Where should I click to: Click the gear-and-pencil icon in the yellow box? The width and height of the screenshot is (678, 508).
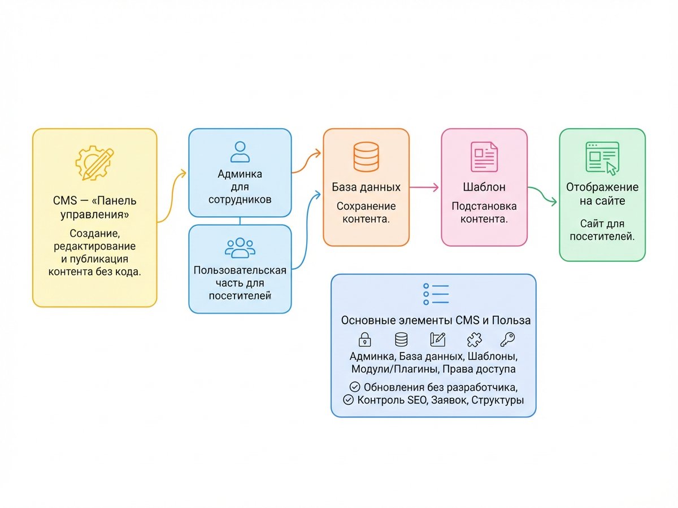94,163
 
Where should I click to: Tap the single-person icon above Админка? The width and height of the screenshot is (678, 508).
240,152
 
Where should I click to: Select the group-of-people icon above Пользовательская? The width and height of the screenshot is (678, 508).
240,248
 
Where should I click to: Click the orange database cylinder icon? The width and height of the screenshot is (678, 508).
366,157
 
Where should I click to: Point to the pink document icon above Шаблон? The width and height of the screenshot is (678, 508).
484,157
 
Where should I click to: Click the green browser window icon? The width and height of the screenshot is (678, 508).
602,158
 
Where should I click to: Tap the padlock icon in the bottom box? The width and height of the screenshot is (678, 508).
364,340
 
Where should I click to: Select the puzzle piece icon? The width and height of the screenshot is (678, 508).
474,340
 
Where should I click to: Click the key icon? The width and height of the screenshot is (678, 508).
507,340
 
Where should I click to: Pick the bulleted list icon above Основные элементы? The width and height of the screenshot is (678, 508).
436,294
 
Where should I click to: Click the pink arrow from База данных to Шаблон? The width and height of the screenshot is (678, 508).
424,187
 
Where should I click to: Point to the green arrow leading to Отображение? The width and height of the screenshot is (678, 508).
542,194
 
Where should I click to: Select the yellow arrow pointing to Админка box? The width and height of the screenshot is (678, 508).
172,198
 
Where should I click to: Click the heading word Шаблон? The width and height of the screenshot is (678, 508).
484,187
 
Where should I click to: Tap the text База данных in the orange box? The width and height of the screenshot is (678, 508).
366,187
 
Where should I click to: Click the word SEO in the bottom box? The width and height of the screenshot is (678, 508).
418,400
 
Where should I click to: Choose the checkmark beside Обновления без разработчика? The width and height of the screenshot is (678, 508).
355,387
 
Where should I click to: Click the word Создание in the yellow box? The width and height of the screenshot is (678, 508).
94,234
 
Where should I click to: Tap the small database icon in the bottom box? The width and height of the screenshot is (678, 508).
401,340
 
